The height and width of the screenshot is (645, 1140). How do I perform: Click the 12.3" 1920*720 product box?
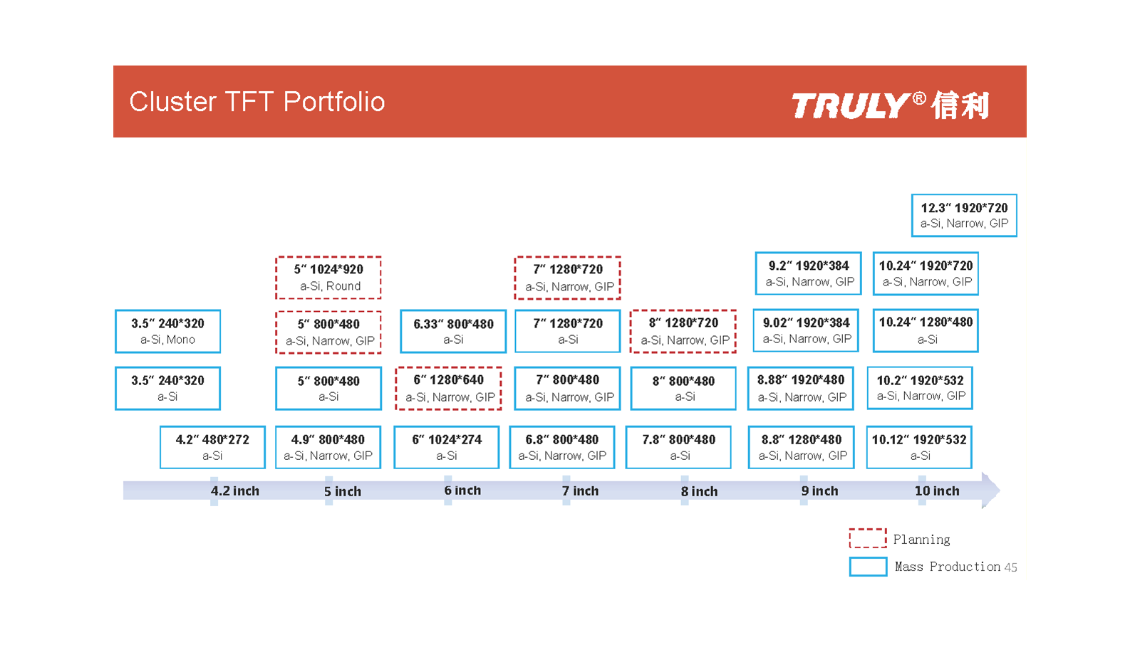pos(964,215)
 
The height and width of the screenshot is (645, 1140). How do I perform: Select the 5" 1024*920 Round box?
pos(328,278)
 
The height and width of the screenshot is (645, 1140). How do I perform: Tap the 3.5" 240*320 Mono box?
pos(168,331)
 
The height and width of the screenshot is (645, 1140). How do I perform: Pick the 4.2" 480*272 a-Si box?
pos(212,447)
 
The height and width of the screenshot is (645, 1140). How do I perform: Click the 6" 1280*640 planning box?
pos(448,388)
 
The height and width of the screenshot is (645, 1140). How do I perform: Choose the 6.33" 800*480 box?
pos(453,331)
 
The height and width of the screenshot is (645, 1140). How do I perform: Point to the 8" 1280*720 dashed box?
pos(683,331)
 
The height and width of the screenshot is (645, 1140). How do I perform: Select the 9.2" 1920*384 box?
pos(808,273)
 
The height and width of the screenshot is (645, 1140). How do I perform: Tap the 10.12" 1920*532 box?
pos(919,447)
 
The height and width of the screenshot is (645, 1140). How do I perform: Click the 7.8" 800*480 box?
pos(678,447)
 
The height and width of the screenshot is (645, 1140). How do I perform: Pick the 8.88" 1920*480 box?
pos(801,388)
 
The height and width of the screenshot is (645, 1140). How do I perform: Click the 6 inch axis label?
pos(462,491)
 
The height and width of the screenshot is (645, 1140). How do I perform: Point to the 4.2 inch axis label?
pos(234,491)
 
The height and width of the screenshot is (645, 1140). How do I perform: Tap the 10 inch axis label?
pos(937,491)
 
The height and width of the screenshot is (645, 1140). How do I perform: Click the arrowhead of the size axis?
pos(991,491)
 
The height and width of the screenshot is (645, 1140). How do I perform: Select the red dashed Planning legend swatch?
pos(868,538)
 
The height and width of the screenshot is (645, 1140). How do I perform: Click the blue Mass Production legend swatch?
pos(868,567)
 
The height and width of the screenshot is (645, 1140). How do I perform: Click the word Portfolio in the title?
pos(334,101)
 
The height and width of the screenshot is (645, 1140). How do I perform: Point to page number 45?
pos(1011,567)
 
